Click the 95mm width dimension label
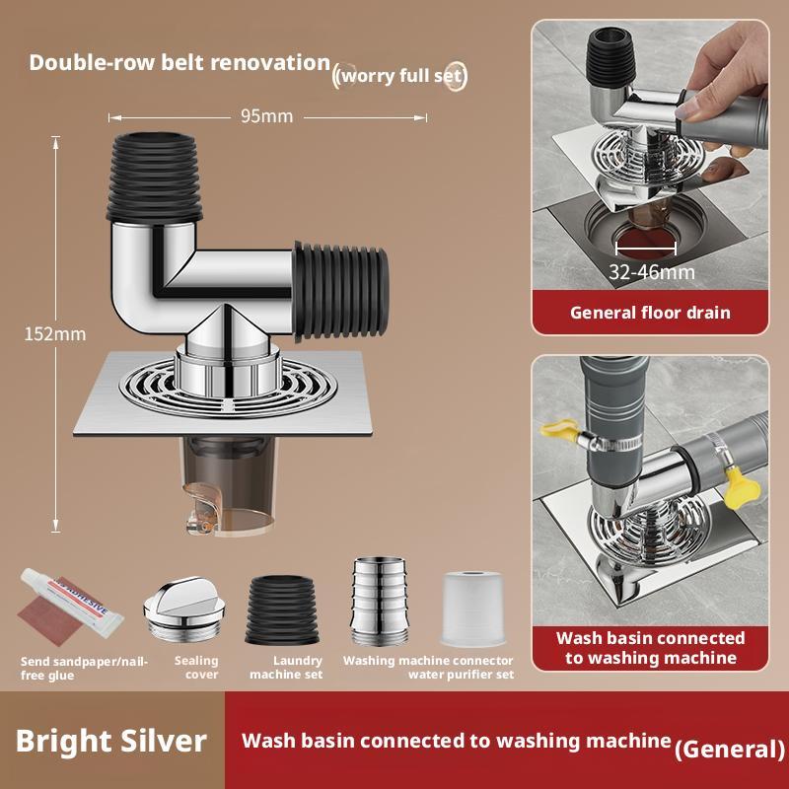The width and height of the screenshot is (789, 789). pyautogui.click(x=267, y=116)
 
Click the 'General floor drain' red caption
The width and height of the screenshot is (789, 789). pyautogui.click(x=650, y=313)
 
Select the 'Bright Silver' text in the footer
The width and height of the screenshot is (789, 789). pyautogui.click(x=111, y=740)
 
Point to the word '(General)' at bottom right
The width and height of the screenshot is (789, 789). pyautogui.click(x=729, y=749)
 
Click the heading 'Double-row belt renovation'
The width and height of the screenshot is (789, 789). pyautogui.click(x=179, y=62)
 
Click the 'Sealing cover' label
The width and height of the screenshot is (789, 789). pyautogui.click(x=195, y=668)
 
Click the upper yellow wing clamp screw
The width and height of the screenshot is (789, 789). pyautogui.click(x=558, y=430)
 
